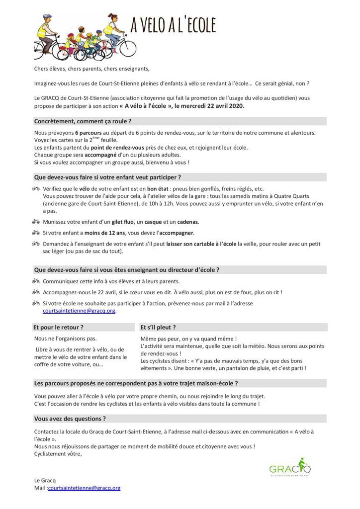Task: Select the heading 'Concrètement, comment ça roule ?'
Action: pyautogui.click(x=83, y=121)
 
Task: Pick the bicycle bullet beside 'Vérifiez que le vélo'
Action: pyautogui.click(x=36, y=189)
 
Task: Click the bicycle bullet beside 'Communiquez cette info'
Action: pyautogui.click(x=36, y=281)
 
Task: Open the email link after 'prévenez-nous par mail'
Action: pyautogui.click(x=79, y=311)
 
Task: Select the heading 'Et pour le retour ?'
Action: pyautogui.click(x=58, y=328)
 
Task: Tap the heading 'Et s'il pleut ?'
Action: pyautogui.click(x=158, y=328)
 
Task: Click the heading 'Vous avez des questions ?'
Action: pyautogui.click(x=70, y=419)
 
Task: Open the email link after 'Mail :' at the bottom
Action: pyautogui.click(x=84, y=488)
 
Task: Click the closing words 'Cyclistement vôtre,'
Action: pyautogui.click(x=58, y=453)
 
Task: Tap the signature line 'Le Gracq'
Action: pyautogui.click(x=45, y=481)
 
